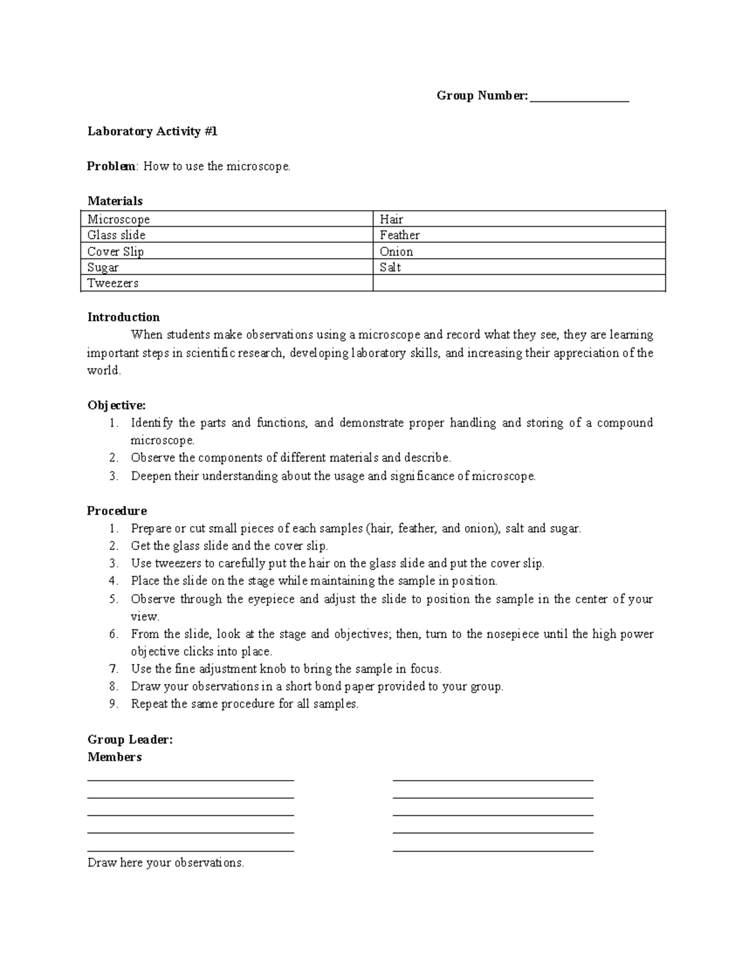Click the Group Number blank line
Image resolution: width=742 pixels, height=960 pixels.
click(x=579, y=97)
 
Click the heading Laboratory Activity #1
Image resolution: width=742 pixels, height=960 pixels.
click(x=152, y=131)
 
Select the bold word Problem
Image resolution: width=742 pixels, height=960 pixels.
click(x=110, y=166)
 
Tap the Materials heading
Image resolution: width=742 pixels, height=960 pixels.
click(x=115, y=201)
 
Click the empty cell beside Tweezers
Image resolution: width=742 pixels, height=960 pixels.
click(x=518, y=283)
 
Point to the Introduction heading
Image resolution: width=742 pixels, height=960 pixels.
click(x=124, y=317)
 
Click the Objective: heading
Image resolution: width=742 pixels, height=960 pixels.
click(x=116, y=406)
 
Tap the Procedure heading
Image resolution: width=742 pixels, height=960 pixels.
click(x=117, y=511)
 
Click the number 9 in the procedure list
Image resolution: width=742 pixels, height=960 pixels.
click(x=113, y=703)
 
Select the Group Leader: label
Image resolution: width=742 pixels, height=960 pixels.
click(x=130, y=739)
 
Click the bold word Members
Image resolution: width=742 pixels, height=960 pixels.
click(x=114, y=757)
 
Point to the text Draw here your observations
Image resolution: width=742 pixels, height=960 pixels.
click(x=166, y=862)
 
